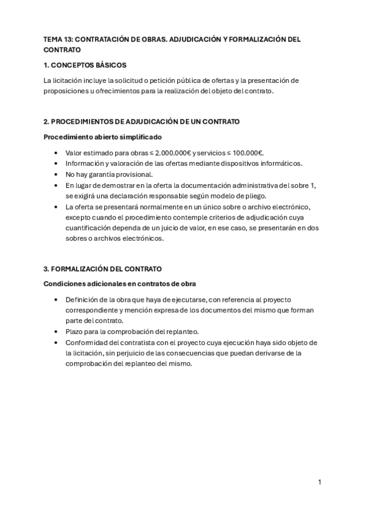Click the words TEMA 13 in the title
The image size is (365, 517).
tap(57, 39)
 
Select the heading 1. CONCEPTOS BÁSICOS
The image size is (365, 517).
tap(85, 65)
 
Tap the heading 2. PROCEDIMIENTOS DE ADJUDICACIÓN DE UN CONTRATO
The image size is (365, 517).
tap(141, 122)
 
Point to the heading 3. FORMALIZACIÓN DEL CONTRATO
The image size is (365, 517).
tap(102, 269)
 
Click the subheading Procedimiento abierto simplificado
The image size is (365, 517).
tap(102, 137)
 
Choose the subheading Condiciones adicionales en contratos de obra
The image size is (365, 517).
tap(119, 284)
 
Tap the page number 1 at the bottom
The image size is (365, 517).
tap(319, 482)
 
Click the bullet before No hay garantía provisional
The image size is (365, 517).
tap(56, 174)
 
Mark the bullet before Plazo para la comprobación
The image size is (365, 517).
tap(56, 332)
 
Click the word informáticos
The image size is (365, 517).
tap(280, 163)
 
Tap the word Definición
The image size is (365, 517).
tap(81, 299)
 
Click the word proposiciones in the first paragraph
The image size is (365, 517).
tap(65, 91)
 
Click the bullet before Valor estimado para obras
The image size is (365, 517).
tap(56, 152)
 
